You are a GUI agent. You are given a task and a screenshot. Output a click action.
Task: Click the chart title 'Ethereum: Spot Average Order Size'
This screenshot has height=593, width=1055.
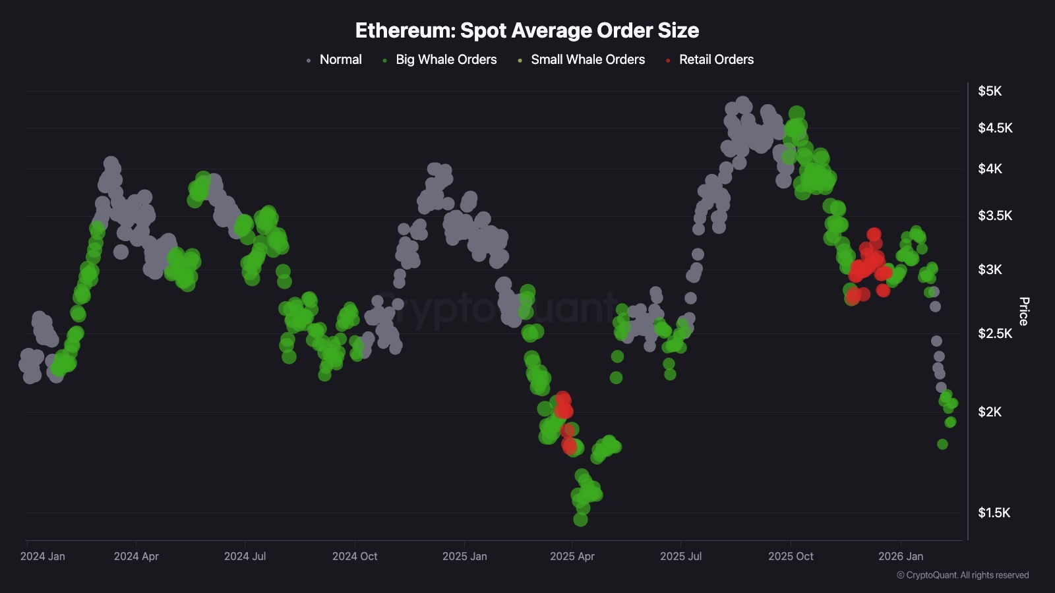click(527, 30)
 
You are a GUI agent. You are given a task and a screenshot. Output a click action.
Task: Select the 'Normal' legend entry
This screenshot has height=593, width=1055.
click(340, 59)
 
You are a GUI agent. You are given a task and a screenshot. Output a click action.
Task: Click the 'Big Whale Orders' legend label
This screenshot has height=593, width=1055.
click(446, 59)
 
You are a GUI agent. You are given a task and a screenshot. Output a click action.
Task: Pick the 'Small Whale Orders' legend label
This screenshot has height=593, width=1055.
click(588, 59)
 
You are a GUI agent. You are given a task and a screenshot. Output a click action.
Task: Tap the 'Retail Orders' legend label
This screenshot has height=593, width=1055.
click(716, 59)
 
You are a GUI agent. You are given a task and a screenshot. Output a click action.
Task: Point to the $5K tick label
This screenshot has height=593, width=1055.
click(989, 91)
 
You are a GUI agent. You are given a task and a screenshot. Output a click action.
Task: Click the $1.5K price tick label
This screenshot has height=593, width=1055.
click(993, 513)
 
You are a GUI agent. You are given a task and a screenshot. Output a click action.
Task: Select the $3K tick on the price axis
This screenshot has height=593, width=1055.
click(989, 269)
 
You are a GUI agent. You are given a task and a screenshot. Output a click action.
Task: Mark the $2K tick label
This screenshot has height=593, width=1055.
click(989, 412)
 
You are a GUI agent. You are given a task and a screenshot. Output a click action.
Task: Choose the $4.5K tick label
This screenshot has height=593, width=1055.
click(994, 128)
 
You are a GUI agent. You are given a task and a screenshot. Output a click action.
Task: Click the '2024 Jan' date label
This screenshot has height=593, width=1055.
click(43, 556)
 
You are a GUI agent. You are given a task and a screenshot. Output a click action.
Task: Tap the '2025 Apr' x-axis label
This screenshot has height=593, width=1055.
click(572, 556)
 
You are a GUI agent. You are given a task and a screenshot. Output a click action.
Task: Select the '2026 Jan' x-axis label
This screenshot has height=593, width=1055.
click(900, 556)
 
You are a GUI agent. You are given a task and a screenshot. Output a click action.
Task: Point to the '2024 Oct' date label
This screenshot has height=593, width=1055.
click(355, 556)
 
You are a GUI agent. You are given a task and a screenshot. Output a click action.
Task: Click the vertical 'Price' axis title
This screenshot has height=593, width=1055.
click(1023, 311)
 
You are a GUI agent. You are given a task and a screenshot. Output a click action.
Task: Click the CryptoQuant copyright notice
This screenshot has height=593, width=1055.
click(963, 575)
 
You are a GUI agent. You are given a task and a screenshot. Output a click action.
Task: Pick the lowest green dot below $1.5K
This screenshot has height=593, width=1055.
click(580, 519)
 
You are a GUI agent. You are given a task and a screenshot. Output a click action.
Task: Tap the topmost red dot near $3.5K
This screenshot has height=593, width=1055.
click(874, 234)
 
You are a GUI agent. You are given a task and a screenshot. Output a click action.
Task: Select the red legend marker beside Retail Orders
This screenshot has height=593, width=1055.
click(668, 61)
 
